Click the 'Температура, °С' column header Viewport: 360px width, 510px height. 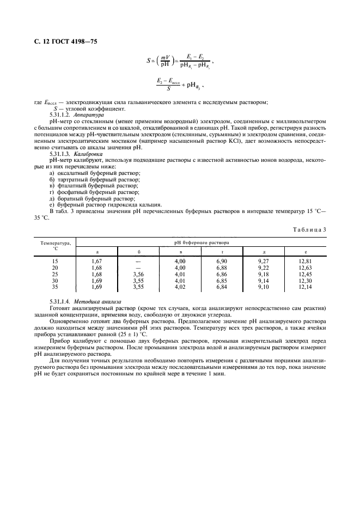[54, 246]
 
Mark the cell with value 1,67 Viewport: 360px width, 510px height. [96, 262]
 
